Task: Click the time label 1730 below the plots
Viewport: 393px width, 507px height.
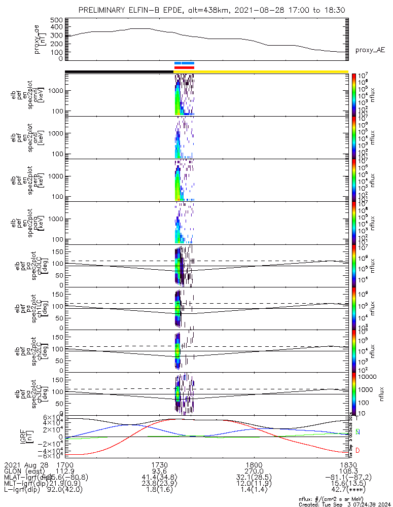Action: coord(160,464)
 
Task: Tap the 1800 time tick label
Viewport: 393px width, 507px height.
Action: coord(254,464)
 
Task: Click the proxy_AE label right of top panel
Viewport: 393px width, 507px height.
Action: coord(370,50)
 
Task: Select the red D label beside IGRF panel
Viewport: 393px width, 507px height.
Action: coord(358,450)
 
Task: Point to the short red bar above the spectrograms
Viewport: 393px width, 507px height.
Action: coord(184,67)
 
